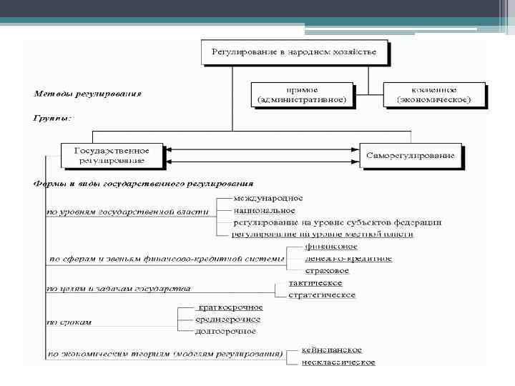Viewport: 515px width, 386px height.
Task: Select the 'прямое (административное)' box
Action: coord(304,95)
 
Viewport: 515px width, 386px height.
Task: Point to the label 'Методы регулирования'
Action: coord(89,93)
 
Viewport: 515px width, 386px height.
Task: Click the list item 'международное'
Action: coord(268,197)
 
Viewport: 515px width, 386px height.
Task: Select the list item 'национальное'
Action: coord(264,210)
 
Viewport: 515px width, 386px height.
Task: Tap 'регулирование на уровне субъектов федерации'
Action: coord(337,222)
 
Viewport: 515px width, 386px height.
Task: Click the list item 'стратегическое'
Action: coord(322,295)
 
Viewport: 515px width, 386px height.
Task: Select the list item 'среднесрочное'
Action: coord(227,320)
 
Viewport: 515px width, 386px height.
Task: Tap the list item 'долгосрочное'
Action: coord(225,331)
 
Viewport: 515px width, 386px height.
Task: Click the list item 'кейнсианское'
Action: coord(331,350)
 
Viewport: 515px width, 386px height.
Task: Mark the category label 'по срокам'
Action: coord(70,322)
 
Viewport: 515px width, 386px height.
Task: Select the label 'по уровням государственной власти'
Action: coord(127,212)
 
